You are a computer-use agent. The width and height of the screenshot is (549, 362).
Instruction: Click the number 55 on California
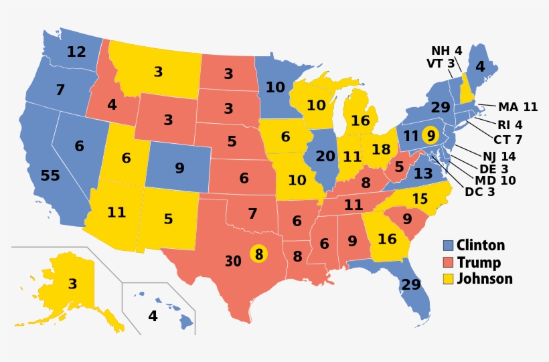coord(50,176)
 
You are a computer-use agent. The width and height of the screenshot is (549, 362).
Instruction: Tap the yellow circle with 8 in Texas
coord(258,254)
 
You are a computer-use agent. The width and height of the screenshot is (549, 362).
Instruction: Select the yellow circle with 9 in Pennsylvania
coord(431,134)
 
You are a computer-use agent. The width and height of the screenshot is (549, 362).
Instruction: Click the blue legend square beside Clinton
coord(449,246)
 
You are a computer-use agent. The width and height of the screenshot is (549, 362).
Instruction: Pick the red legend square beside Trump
coord(449,262)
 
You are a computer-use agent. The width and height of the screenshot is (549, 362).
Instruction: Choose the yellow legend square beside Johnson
coord(449,279)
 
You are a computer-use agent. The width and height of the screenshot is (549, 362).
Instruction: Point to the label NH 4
coord(446,50)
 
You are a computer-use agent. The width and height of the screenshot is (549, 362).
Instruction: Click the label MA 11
coord(518,106)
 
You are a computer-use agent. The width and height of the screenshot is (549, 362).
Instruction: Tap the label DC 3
coord(479,193)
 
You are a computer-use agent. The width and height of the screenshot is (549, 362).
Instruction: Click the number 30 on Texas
coord(232,261)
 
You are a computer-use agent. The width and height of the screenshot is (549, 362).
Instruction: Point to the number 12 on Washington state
coord(76,51)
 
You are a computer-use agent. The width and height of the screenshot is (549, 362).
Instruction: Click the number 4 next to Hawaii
coord(153,316)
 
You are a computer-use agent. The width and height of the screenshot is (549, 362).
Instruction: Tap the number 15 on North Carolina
coord(420,199)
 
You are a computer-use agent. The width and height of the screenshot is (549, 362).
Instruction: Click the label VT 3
coord(441,64)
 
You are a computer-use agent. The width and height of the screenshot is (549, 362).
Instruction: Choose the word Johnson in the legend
coord(484,279)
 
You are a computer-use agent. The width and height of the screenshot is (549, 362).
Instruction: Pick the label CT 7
coord(508,139)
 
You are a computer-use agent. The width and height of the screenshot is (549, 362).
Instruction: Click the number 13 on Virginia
coord(422,173)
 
